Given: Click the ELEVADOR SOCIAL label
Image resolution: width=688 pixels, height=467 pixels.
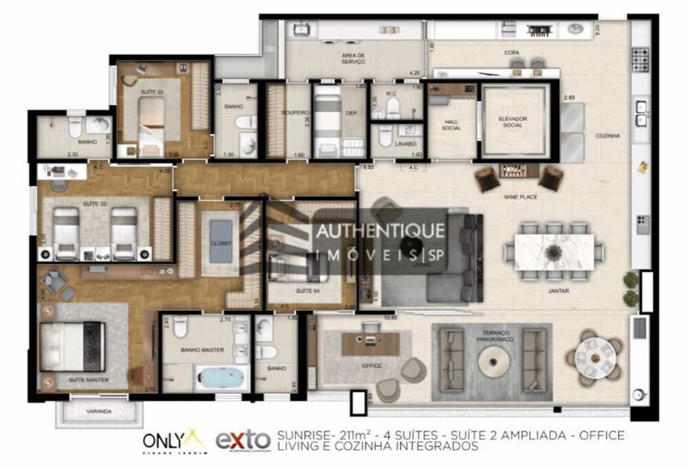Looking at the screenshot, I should tap(513, 122).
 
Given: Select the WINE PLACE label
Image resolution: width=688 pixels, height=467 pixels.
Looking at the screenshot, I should tap(519, 197).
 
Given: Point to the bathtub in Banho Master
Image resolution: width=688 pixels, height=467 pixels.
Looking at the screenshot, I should tap(222, 378).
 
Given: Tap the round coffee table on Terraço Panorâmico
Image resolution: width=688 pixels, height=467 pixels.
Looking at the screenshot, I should tap(491, 359).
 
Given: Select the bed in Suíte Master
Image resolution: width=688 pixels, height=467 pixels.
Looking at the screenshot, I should tap(72, 347).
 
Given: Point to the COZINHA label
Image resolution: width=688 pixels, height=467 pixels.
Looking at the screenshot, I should tap(608, 136).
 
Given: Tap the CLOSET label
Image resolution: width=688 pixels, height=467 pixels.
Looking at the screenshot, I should tap(220, 243).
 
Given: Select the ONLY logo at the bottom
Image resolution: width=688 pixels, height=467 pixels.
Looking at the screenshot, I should tap(164, 439).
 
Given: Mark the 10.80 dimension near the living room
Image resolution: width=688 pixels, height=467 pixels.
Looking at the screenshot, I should tap(391, 318).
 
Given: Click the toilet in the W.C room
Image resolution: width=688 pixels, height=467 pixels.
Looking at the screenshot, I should tap(392, 107).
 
